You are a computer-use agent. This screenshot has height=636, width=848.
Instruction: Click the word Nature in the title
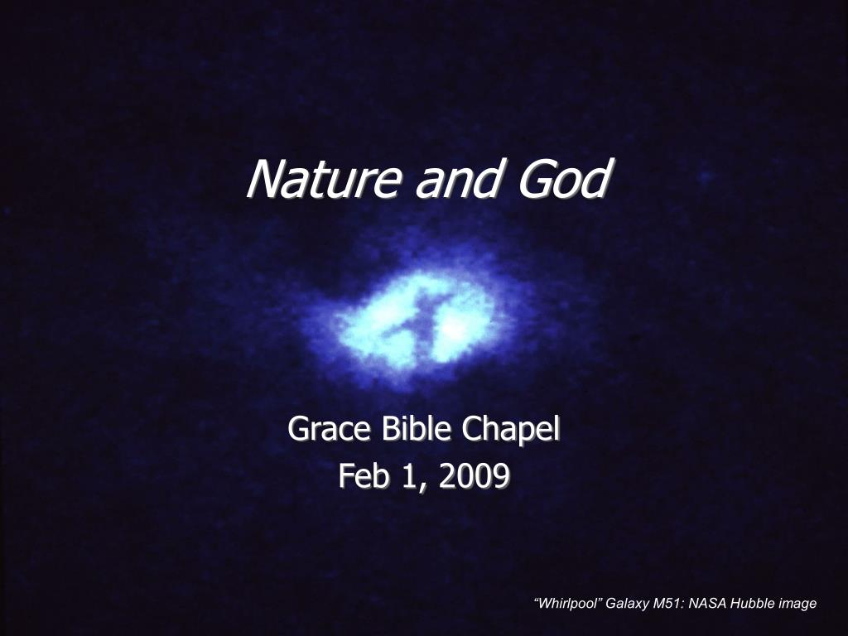pyautogui.click(x=324, y=179)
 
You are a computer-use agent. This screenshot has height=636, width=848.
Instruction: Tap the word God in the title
pyautogui.click(x=564, y=179)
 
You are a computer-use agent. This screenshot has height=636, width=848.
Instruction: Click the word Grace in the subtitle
pyautogui.click(x=329, y=429)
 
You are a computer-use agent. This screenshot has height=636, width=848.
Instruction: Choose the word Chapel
pyautogui.click(x=510, y=430)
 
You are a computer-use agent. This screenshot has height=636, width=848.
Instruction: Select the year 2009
pyautogui.click(x=474, y=476)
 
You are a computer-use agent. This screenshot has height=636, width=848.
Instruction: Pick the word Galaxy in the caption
pyautogui.click(x=627, y=604)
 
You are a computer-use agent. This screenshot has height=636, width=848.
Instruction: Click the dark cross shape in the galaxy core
pyautogui.click(x=420, y=325)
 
